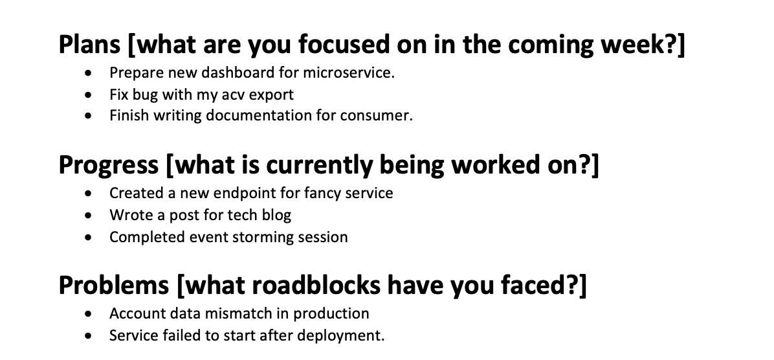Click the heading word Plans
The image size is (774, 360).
coord(89,44)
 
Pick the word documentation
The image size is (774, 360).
coord(258,115)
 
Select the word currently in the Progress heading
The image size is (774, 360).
coord(320,165)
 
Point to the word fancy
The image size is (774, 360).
coord(322,193)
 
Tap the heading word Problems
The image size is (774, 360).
coord(113,286)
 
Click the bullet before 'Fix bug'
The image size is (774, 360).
coord(89,95)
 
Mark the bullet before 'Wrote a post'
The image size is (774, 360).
coord(89,216)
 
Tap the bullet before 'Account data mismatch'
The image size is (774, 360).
coord(89,313)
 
